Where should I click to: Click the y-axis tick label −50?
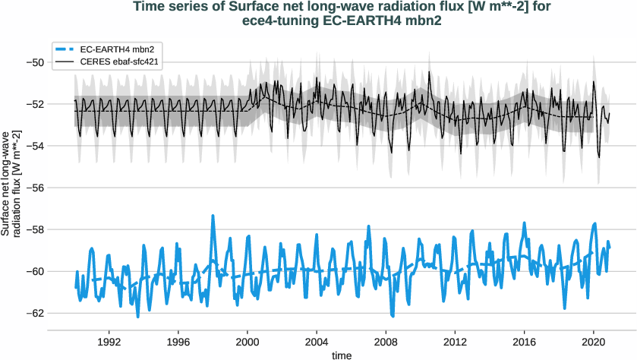point(35,62)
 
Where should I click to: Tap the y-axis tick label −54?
point(35,145)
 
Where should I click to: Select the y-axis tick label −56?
point(35,188)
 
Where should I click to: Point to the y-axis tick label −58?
point(35,229)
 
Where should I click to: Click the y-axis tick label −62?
point(35,313)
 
